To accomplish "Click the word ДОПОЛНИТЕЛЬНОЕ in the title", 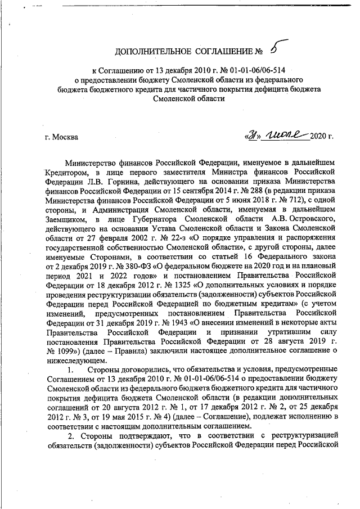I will pyautogui.click(x=150, y=53).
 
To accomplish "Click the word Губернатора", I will pyautogui.click(x=153, y=232).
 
